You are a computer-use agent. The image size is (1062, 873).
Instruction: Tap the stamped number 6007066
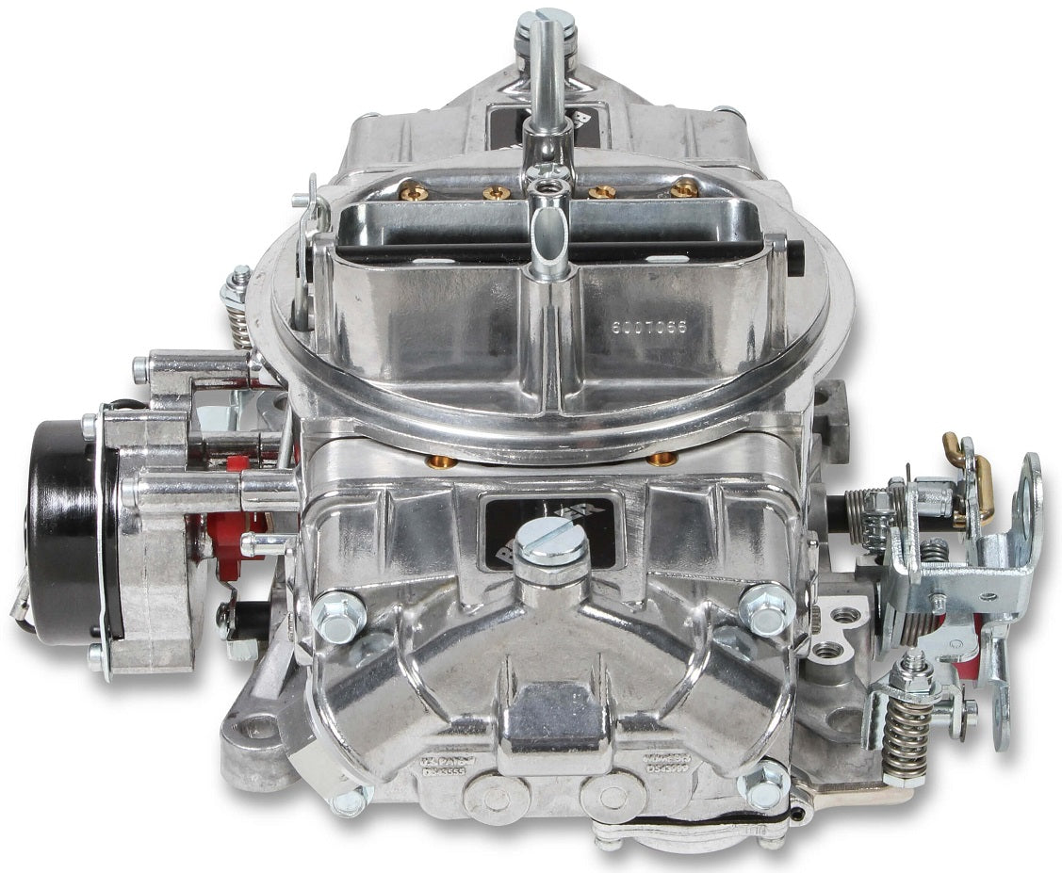pyautogui.click(x=649, y=327)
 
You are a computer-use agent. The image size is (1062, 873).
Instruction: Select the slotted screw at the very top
pyautogui.click(x=546, y=21)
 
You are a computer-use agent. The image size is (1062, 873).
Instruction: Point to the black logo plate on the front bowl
pyautogui.click(x=547, y=521)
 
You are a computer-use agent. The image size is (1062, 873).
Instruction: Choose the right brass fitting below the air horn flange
pyautogui.click(x=663, y=459)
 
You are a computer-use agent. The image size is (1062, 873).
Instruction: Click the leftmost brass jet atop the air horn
pyautogui.click(x=411, y=193)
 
